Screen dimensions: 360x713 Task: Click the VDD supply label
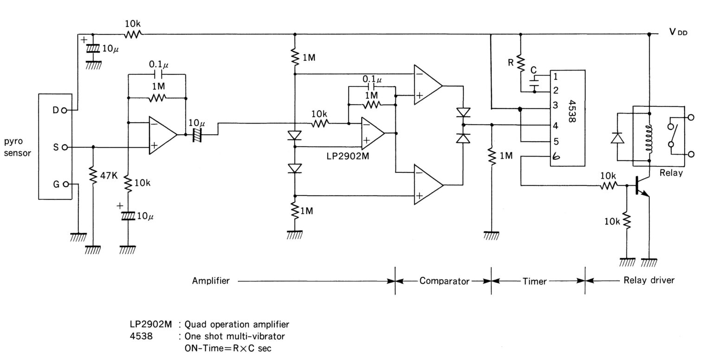(x=678, y=33)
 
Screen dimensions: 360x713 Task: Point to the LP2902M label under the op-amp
(x=348, y=156)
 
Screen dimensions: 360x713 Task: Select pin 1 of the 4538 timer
(x=555, y=76)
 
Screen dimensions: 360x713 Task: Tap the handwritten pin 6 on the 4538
(x=556, y=157)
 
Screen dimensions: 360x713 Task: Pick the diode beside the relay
(x=617, y=138)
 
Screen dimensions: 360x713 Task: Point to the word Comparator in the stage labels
(x=444, y=281)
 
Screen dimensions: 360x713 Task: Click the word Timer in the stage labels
(x=534, y=281)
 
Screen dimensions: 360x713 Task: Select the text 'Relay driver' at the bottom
(x=648, y=280)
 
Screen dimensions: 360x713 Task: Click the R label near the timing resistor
(x=511, y=62)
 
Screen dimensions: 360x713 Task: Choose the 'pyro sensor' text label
(x=17, y=146)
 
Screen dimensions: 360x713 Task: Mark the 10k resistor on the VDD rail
(x=133, y=33)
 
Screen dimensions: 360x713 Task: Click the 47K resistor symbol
(x=93, y=176)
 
